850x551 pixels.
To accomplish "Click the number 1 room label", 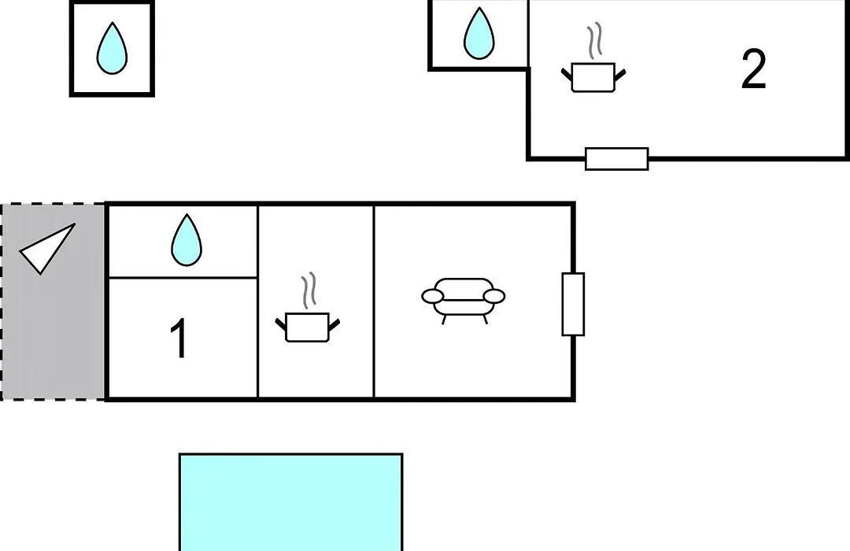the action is pos(179,338).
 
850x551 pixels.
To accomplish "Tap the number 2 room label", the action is pos(753,69).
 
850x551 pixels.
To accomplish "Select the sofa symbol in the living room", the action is pos(464,301).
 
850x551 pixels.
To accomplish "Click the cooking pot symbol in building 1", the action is pos(308,327).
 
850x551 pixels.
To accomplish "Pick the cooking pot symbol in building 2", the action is pos(593,78).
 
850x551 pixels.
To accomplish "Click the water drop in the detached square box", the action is pos(113,48).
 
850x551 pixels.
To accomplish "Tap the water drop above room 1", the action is pos(187,240).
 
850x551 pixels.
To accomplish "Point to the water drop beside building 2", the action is pos(479,33).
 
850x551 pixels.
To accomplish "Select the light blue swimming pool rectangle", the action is pos(291,502).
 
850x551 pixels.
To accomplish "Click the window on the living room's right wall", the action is pos(573,305).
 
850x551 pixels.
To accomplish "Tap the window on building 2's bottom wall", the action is pos(617,159).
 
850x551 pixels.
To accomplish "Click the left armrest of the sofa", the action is pos(433,296).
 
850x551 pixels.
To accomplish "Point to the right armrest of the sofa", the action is pos(493,296).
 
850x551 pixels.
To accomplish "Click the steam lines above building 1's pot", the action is pos(309,290).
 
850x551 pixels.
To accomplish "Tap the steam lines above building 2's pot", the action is pos(595,40).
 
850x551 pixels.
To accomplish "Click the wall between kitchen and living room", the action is pos(374,301).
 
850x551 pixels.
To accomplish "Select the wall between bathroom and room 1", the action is pos(183,278).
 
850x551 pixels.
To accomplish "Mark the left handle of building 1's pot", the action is pos(281,325).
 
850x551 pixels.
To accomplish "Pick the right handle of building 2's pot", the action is pos(620,76).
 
